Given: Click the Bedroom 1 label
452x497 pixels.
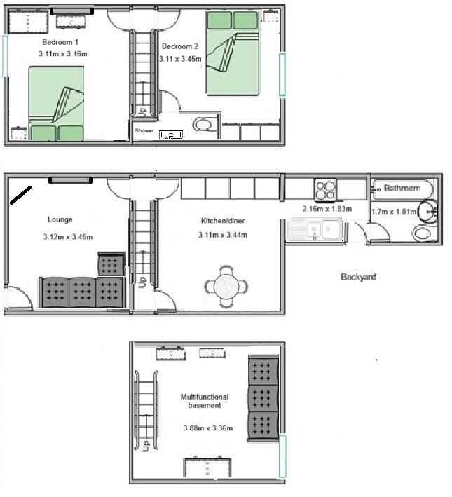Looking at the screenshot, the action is click(60, 42).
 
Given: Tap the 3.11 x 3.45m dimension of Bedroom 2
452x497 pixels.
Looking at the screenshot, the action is click(180, 59).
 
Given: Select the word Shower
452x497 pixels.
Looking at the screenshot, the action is click(144, 130).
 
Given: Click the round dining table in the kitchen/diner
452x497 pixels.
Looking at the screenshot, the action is click(226, 287).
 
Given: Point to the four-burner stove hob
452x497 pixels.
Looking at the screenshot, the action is click(325, 190).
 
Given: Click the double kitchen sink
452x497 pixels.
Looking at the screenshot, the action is click(316, 229).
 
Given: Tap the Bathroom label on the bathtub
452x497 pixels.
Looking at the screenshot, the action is click(402, 188).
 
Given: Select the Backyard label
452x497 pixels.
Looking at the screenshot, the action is click(359, 277).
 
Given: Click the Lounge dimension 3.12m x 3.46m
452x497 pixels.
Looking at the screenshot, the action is click(68, 237).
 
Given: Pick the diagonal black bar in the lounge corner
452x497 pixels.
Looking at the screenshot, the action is click(20, 196).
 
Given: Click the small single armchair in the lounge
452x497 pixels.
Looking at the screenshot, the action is click(111, 264).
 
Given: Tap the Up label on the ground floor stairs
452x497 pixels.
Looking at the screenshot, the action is click(143, 282).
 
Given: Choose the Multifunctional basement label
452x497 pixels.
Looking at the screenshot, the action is click(205, 401).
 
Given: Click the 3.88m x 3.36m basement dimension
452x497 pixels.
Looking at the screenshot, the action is click(208, 428).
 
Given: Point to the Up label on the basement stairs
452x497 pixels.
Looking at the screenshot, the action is click(146, 446).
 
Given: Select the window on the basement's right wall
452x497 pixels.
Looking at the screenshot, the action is click(282, 456).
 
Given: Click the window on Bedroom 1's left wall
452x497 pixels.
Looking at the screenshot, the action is click(5, 56).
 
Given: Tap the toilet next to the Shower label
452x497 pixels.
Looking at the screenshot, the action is click(205, 125).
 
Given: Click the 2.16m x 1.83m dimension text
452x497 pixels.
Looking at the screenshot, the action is click(327, 209).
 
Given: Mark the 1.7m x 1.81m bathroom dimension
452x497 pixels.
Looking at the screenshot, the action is click(394, 212).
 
